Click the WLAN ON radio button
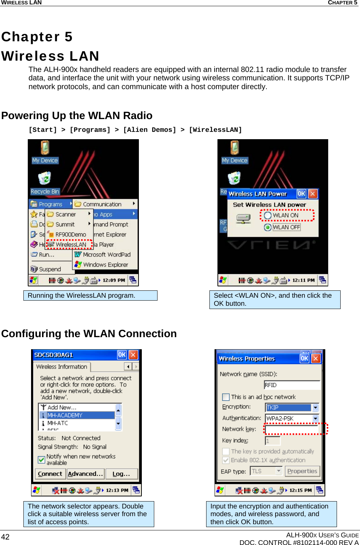point(268,216)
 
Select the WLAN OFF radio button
point(268,227)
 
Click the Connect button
point(50,474)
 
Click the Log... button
point(121,474)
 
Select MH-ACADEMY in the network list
point(65,415)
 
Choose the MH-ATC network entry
point(57,423)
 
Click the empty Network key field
point(292,429)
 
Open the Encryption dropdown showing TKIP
point(315,408)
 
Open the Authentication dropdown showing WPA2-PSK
point(315,419)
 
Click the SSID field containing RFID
point(292,385)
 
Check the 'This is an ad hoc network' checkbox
point(226,397)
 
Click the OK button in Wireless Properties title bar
point(304,358)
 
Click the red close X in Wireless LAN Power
point(312,194)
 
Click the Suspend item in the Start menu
point(50,269)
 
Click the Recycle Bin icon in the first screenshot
point(45,179)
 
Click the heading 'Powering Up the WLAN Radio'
point(77,115)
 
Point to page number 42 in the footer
point(5,537)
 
